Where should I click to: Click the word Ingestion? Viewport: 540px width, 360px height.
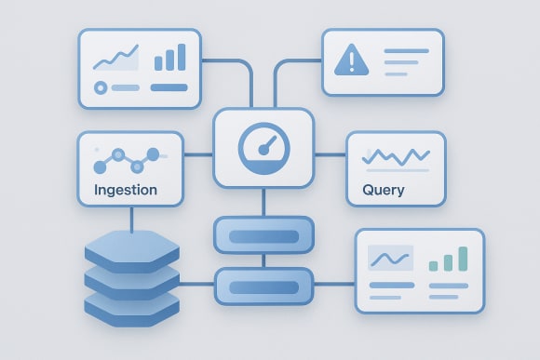[x=126, y=191]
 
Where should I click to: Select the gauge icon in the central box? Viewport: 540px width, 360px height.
[x=263, y=147]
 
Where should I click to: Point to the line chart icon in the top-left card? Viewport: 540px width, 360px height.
[x=115, y=59]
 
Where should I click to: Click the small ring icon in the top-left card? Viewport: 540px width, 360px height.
[x=101, y=87]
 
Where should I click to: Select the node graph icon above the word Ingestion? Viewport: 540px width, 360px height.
[x=126, y=160]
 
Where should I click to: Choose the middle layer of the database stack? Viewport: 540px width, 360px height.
[x=130, y=277]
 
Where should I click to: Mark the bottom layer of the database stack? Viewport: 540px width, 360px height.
[x=130, y=303]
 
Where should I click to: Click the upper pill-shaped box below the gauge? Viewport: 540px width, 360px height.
[x=263, y=235]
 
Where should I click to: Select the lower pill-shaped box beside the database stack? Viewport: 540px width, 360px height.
[x=263, y=286]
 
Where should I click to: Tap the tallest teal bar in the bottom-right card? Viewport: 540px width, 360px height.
[x=463, y=258]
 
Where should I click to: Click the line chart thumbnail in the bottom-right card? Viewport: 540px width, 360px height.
[x=391, y=257]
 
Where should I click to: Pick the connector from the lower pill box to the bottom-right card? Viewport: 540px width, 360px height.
[x=333, y=287]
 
